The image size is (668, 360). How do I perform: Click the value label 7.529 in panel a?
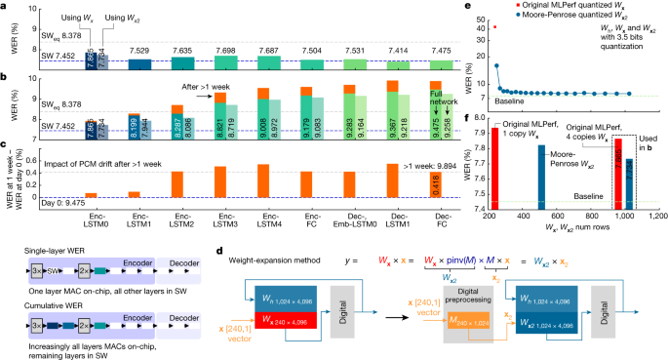point(139,48)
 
